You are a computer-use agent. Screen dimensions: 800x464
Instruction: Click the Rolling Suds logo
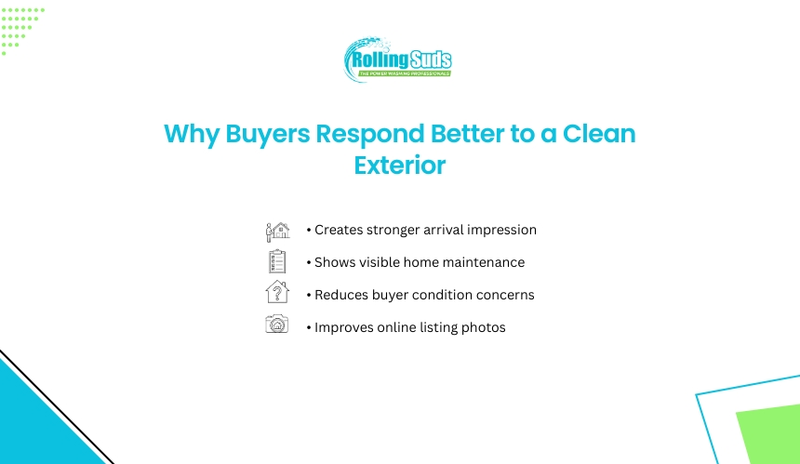pyautogui.click(x=397, y=60)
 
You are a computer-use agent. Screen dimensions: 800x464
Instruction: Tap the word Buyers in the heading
pyautogui.click(x=267, y=135)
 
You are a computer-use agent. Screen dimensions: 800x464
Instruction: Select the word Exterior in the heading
pyautogui.click(x=400, y=166)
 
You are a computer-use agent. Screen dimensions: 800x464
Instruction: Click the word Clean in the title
pyautogui.click(x=599, y=134)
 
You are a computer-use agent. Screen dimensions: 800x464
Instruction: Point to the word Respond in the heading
pyautogui.click(x=370, y=135)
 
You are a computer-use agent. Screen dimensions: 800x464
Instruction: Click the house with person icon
pyautogui.click(x=277, y=232)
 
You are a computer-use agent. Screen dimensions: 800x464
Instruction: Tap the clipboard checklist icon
pyautogui.click(x=277, y=261)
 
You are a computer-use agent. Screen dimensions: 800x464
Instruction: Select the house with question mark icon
pyautogui.click(x=277, y=292)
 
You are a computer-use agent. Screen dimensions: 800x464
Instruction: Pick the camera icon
pyautogui.click(x=277, y=324)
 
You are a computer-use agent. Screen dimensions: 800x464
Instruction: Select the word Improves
pyautogui.click(x=344, y=328)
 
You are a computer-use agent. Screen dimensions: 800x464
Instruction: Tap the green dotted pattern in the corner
pyautogui.click(x=20, y=29)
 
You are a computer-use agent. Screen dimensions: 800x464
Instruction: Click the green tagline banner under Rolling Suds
pyautogui.click(x=404, y=73)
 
